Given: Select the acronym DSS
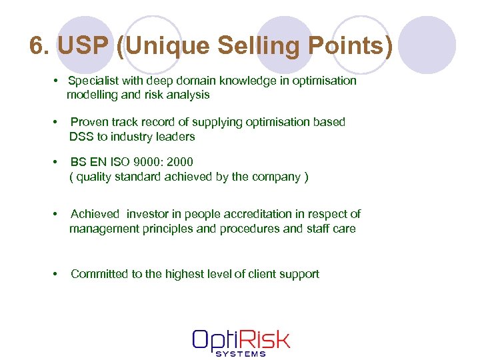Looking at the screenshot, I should pos(81,137).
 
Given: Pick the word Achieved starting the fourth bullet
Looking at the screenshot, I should pos(95,214).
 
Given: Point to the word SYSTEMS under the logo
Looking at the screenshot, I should pos(241,354).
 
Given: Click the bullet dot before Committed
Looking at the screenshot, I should pos(55,274).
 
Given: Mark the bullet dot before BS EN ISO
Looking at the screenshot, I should pos(55,162).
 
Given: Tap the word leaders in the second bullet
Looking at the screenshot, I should pos(177,137).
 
